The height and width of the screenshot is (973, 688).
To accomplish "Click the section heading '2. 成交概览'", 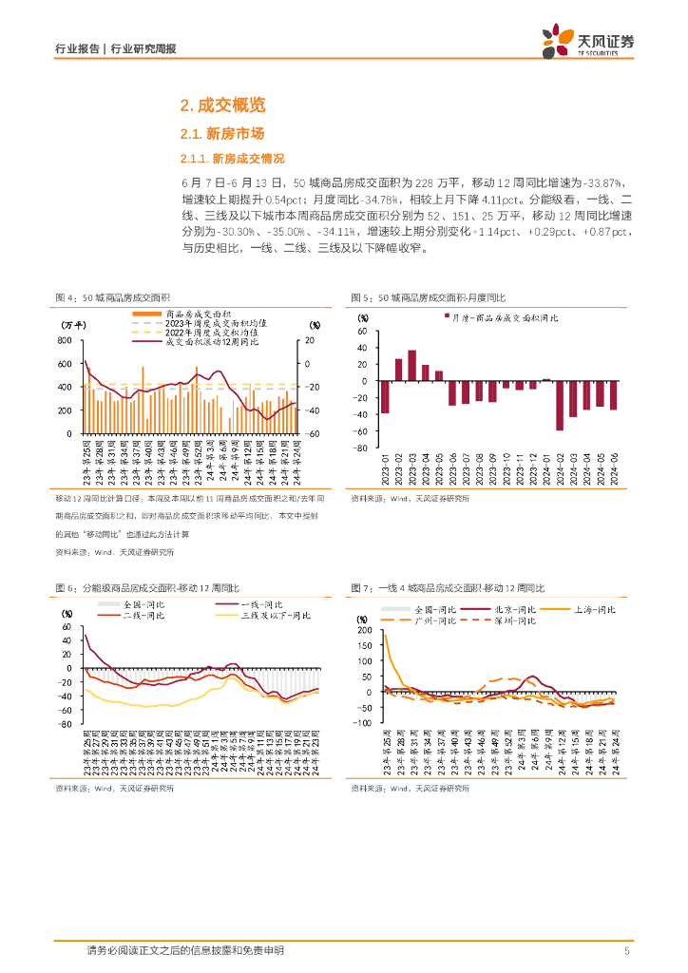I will click(x=222, y=105).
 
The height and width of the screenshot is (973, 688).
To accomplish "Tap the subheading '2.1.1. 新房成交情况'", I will click(x=232, y=158).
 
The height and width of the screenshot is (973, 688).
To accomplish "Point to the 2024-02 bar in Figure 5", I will click(x=559, y=406).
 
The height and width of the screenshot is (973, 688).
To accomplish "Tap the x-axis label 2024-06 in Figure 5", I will click(x=614, y=464).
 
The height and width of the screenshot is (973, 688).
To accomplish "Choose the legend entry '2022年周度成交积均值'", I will click(x=216, y=333).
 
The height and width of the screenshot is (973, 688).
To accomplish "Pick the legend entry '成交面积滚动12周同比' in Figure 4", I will click(x=216, y=343).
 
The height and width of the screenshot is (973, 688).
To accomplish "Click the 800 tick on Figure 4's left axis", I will click(x=66, y=340).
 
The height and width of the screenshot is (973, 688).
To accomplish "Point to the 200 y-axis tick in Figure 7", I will click(x=366, y=630).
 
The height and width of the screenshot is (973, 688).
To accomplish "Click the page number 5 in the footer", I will click(x=626, y=951).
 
